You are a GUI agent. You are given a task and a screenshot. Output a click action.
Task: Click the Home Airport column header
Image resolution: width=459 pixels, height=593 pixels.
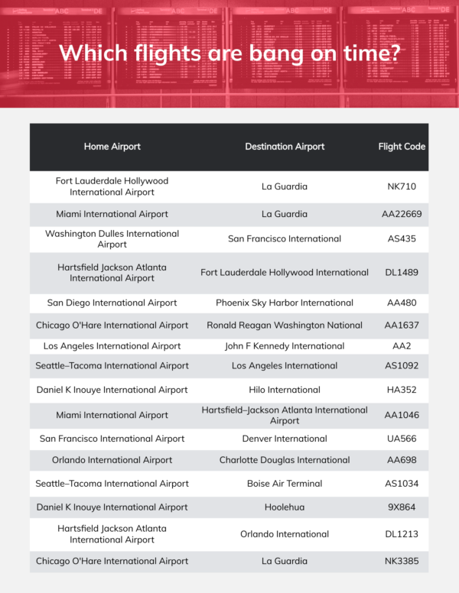[112, 147]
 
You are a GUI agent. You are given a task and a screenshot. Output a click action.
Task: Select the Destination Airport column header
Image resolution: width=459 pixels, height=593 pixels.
[285, 147]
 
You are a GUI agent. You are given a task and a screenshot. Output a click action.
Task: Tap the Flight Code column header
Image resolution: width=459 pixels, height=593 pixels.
[402, 147]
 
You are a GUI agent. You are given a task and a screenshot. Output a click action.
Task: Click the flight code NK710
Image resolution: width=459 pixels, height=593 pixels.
[402, 186]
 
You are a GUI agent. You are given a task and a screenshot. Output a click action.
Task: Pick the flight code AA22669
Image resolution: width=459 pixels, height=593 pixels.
[402, 214]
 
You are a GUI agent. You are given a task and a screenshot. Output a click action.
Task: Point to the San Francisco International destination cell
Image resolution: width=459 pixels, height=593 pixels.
[285, 239]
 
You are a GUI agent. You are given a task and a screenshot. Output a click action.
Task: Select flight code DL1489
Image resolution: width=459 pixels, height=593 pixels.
[402, 273]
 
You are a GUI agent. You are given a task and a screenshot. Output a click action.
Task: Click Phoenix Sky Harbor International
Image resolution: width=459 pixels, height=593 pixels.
[285, 303]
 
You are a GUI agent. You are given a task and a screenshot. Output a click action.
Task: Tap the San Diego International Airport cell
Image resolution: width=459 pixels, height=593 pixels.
[112, 303]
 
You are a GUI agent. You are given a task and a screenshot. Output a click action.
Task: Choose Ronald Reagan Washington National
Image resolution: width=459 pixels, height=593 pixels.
[285, 325]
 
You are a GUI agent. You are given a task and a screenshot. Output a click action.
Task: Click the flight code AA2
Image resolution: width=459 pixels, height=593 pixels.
[402, 346]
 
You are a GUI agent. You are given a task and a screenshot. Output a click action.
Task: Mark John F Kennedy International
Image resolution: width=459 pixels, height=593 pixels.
[285, 346]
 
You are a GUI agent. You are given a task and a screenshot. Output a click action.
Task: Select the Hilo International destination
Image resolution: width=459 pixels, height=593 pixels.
[285, 390]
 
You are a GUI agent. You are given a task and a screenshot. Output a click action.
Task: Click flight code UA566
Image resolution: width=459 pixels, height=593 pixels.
[402, 439]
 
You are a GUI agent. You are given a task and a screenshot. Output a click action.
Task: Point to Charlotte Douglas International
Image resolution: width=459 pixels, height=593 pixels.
[285, 460]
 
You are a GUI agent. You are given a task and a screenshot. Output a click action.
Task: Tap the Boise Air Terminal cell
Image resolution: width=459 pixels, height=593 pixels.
[285, 483]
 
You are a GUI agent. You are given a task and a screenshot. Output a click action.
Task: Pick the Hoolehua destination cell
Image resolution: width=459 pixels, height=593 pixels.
[285, 507]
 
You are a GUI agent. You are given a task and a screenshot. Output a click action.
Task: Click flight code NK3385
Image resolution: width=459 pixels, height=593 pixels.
[402, 561]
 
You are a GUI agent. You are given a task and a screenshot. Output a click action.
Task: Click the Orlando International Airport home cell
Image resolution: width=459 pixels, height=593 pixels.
[112, 460]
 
